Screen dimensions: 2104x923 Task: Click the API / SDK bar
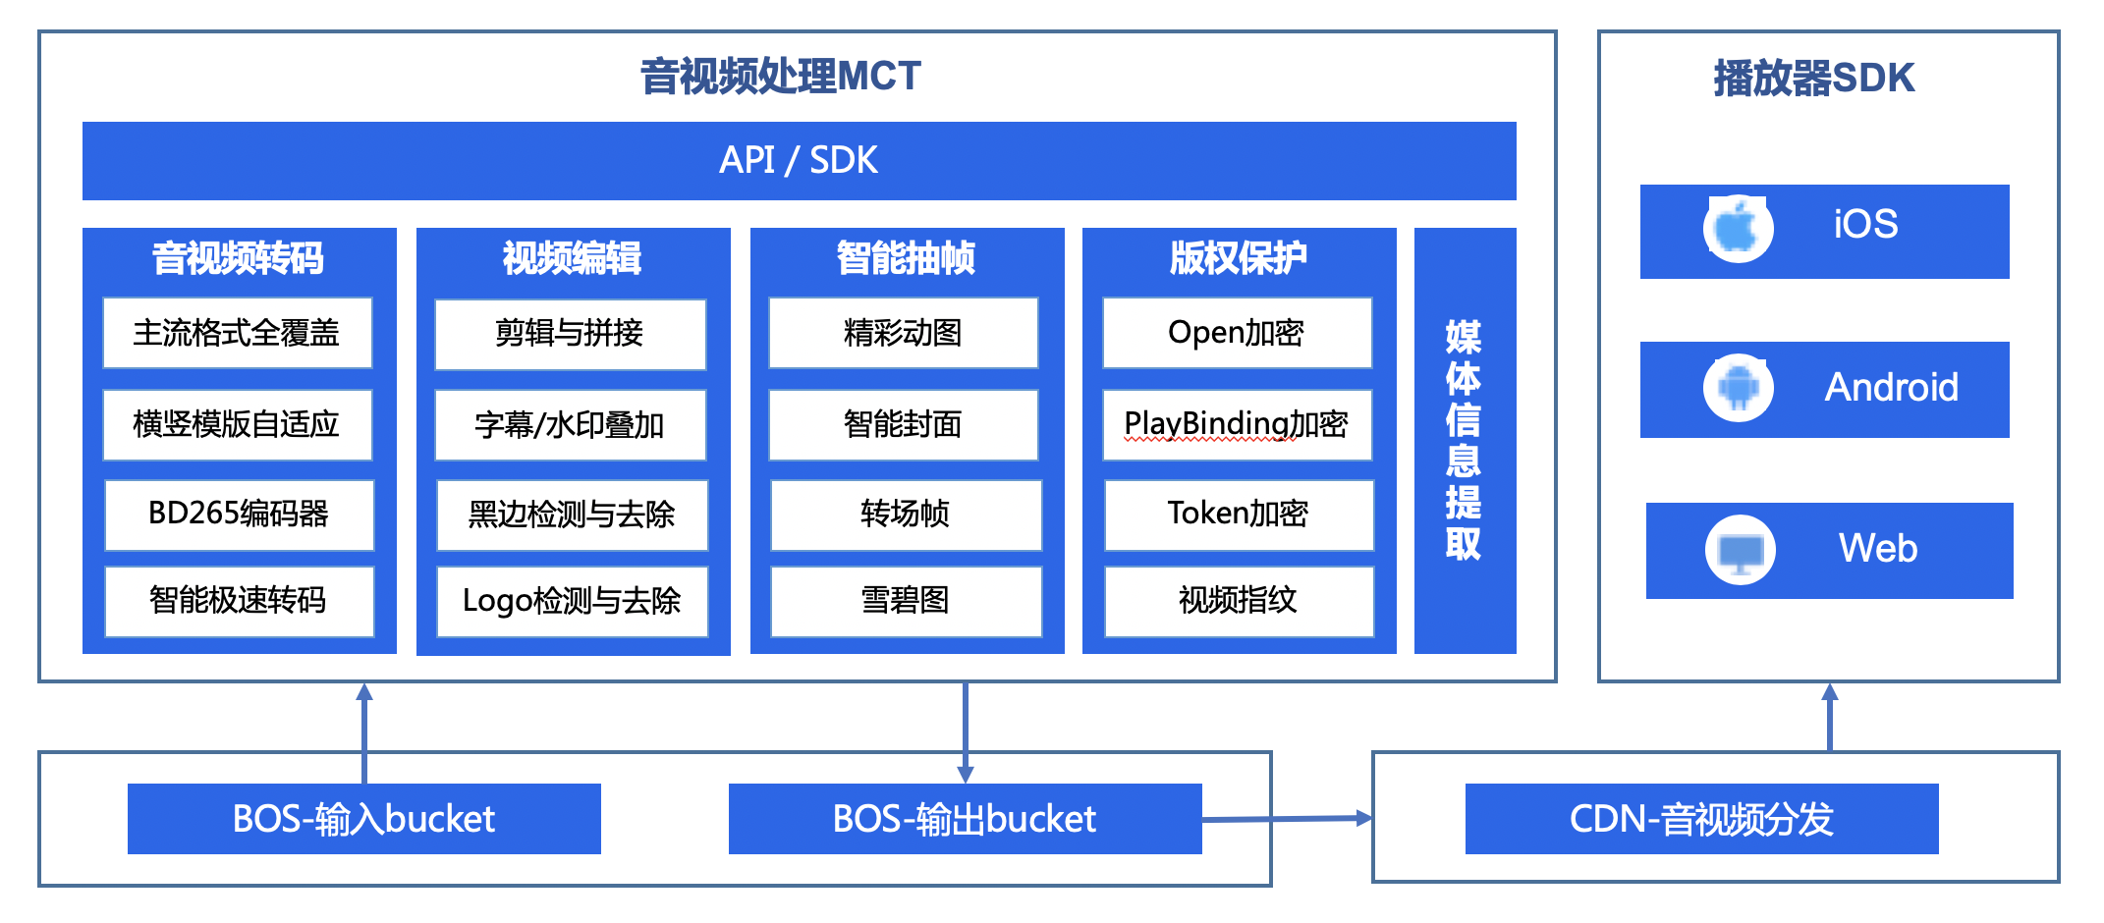click(x=799, y=160)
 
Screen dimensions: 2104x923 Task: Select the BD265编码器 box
click(x=239, y=515)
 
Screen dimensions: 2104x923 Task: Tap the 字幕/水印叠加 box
click(x=570, y=425)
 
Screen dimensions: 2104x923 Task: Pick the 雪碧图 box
click(x=906, y=601)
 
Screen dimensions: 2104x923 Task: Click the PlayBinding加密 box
click(x=1237, y=425)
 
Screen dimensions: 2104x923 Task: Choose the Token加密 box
click(x=1239, y=515)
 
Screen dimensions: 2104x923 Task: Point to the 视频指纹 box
click(x=1239, y=601)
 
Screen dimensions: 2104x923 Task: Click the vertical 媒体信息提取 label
click(x=1464, y=440)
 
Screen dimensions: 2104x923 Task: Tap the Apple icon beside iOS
click(x=1738, y=229)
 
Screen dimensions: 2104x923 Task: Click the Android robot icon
click(x=1739, y=388)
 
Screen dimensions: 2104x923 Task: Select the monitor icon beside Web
click(x=1741, y=550)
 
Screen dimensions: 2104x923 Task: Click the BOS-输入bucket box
click(x=364, y=819)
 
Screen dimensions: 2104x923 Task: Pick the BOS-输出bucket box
click(x=966, y=819)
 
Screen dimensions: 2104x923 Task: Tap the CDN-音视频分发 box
click(x=1702, y=819)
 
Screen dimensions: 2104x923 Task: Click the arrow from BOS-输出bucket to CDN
click(x=1287, y=818)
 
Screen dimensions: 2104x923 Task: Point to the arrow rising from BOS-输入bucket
click(x=364, y=733)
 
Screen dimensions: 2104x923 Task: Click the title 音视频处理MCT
click(x=781, y=77)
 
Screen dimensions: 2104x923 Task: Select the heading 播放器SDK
click(x=1814, y=79)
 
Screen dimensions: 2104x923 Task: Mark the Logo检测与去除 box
click(x=572, y=601)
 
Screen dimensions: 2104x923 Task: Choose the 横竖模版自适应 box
click(x=237, y=425)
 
